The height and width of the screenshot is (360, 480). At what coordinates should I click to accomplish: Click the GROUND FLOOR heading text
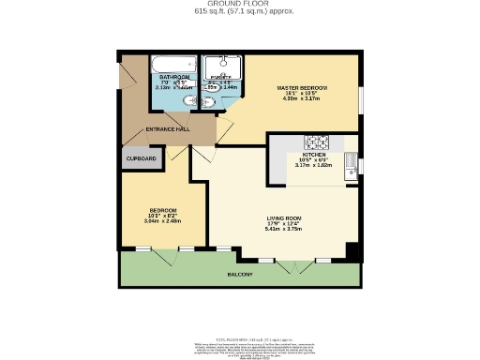tap(239, 5)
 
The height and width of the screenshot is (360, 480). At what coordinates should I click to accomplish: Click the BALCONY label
tap(240, 275)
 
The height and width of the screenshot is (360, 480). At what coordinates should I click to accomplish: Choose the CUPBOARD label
tap(142, 159)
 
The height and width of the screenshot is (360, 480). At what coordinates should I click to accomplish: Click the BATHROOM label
tap(174, 76)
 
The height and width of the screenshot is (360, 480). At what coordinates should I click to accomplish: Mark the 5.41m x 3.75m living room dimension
tap(282, 228)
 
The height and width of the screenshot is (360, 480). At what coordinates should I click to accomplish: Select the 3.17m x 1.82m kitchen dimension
tap(313, 164)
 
